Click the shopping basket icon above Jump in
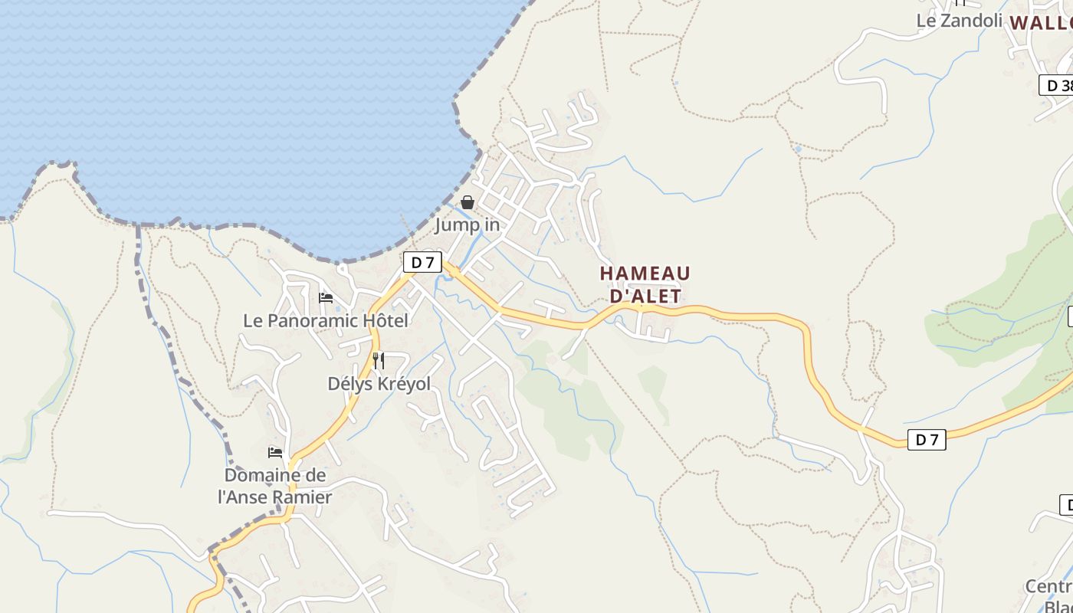click(467, 202)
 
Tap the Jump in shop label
click(468, 225)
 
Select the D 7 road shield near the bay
click(422, 262)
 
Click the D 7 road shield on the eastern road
click(927, 439)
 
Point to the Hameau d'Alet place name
click(645, 284)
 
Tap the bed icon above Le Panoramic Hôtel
click(326, 298)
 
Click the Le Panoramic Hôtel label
click(326, 320)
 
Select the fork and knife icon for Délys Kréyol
click(379, 360)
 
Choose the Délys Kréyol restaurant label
click(379, 383)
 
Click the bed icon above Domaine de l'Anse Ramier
click(275, 453)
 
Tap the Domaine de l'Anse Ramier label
click(275, 486)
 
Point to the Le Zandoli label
click(959, 21)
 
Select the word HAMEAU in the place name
click(645, 274)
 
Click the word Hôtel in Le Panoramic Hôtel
click(385, 320)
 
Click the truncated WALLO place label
click(1041, 22)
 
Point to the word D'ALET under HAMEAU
click(645, 296)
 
